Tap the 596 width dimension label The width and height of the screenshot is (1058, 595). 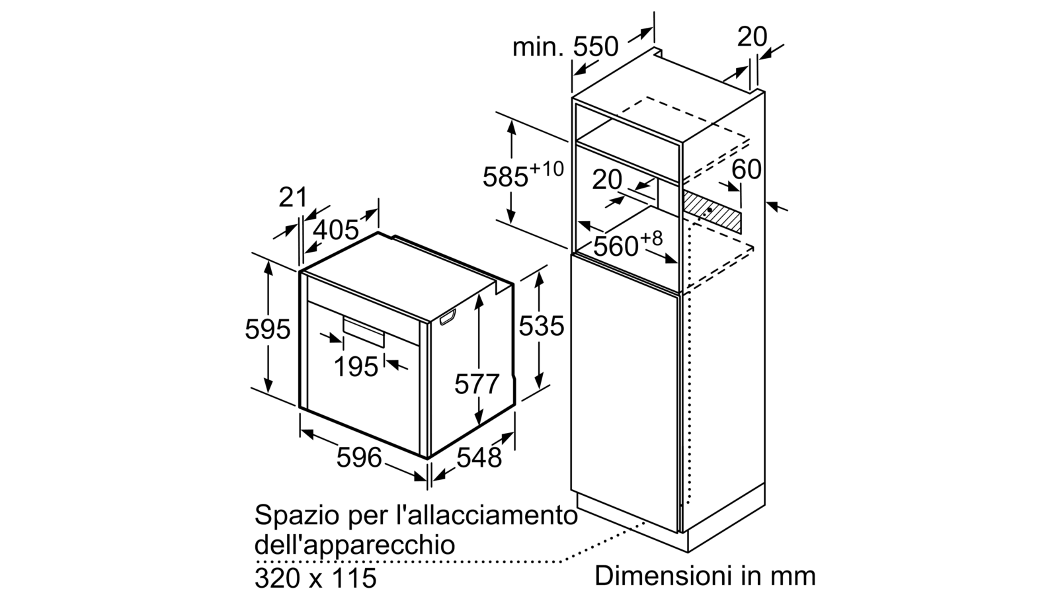359,457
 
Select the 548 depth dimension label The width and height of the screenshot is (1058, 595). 479,457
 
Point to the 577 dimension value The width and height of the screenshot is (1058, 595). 477,383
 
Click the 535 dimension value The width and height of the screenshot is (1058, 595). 542,325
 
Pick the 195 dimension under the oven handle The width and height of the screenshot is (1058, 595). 356,366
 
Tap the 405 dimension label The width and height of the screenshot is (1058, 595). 337,230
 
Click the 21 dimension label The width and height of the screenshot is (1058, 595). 293,197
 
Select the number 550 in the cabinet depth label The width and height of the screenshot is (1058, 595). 595,47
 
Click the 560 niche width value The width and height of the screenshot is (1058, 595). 616,246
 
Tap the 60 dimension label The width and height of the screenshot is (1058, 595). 747,169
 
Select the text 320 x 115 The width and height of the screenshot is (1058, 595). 315,577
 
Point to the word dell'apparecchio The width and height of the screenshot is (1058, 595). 354,545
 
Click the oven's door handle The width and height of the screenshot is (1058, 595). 364,332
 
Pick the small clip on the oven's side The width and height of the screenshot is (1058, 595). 448,317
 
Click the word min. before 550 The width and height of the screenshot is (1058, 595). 538,47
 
